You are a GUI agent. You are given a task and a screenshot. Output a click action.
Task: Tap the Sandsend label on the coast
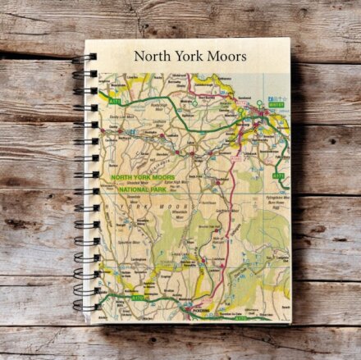coord(245,98)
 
